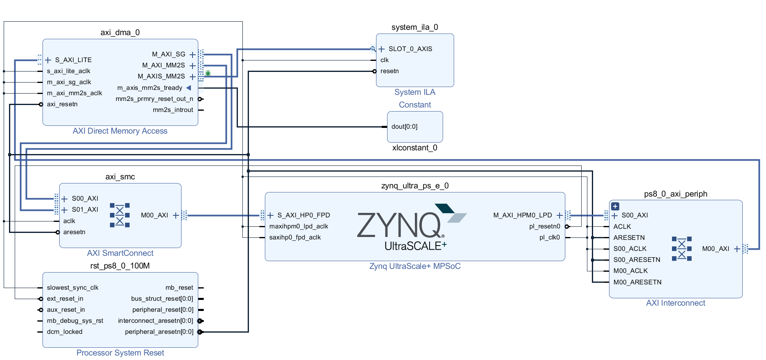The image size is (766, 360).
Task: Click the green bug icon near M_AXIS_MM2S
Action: (x=208, y=73)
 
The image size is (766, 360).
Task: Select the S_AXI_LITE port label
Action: (x=73, y=60)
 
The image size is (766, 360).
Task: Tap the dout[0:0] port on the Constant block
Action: (x=404, y=127)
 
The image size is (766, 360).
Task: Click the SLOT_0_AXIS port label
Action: (x=410, y=49)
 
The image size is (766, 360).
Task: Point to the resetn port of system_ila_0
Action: (x=389, y=71)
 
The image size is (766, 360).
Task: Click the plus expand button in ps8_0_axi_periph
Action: (x=615, y=206)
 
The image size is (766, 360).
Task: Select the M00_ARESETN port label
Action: (x=637, y=282)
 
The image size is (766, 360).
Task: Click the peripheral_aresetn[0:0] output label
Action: (x=159, y=332)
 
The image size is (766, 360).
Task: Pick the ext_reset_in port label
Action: (x=65, y=299)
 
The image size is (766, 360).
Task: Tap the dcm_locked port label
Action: (x=65, y=332)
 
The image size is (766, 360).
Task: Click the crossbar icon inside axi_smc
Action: (x=120, y=215)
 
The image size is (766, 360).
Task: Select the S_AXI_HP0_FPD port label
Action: (x=303, y=215)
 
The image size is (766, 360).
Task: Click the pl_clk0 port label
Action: (x=549, y=237)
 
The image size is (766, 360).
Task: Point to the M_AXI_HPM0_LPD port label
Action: (x=522, y=215)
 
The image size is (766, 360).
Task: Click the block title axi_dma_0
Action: (x=120, y=33)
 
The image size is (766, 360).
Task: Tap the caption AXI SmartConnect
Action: (x=120, y=253)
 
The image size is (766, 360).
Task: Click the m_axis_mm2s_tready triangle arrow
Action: (x=188, y=88)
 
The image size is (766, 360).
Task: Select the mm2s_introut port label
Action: (x=172, y=110)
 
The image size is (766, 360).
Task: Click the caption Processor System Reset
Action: (x=120, y=353)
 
